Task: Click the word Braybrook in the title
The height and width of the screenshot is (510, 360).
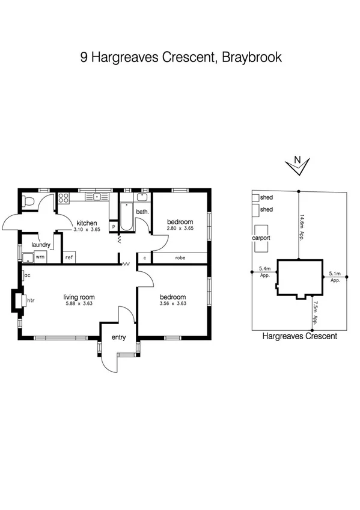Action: [x=252, y=58]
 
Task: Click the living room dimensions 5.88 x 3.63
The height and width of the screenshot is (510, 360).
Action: [x=79, y=304]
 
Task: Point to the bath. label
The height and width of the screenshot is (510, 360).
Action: [x=142, y=212]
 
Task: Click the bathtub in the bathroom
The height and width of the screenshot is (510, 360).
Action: [x=126, y=218]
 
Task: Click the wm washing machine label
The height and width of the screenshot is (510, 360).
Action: [x=40, y=257]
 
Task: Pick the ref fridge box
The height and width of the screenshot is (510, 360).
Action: [x=69, y=257]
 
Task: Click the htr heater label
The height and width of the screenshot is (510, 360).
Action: [x=31, y=300]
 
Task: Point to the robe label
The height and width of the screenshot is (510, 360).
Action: [x=180, y=258]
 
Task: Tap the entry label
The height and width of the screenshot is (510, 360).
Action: [x=118, y=337]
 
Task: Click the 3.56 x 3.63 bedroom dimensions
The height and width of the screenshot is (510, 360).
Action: [x=173, y=304]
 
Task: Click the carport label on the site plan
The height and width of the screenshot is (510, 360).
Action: [x=261, y=238]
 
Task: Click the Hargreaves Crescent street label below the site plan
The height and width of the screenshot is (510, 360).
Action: [x=300, y=336]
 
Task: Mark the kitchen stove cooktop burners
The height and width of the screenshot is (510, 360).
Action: [x=64, y=197]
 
